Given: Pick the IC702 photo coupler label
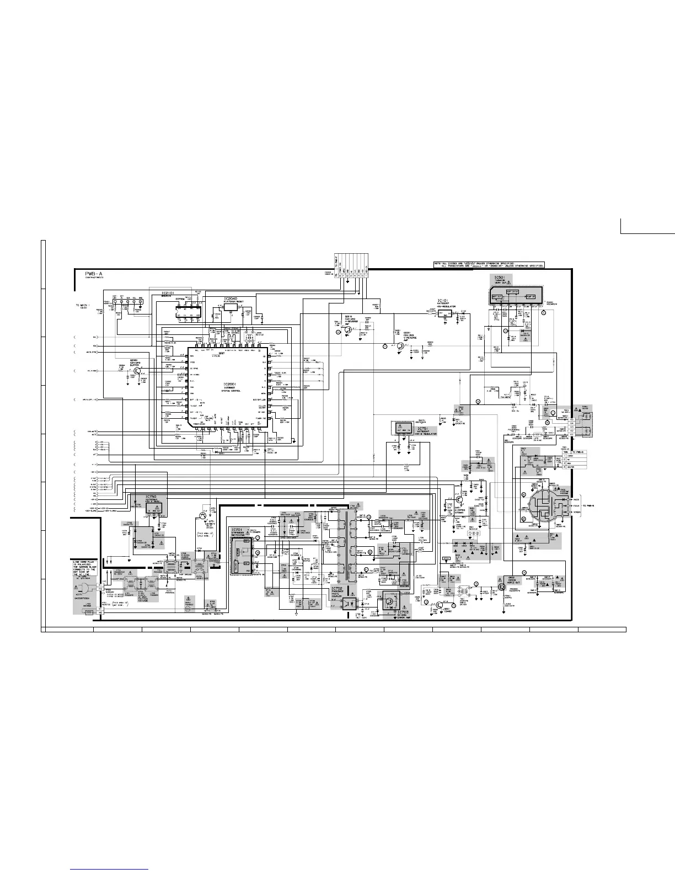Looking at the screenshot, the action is (338, 591).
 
